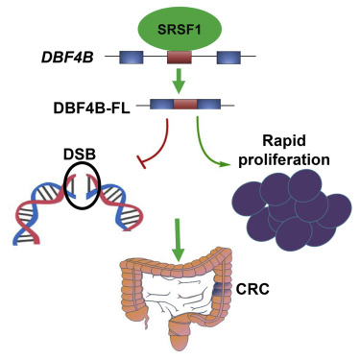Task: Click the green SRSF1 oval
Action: [180, 30]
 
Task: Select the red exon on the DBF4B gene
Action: [180, 59]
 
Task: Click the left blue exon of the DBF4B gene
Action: [132, 59]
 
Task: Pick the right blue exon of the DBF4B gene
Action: [228, 59]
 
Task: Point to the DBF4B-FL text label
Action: [93, 105]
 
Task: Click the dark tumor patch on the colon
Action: [220, 286]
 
